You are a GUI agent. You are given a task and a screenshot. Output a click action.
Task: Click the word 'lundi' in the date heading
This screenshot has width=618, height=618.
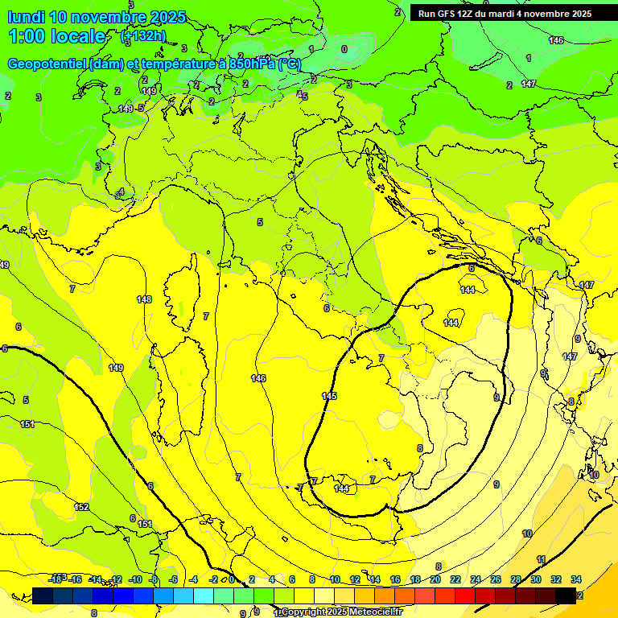26,17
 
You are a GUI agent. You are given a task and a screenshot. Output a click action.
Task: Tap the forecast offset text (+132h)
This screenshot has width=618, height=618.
143,35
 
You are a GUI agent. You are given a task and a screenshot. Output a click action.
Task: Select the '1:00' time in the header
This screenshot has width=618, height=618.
27,36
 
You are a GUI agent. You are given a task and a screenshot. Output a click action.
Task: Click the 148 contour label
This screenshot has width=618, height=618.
144,299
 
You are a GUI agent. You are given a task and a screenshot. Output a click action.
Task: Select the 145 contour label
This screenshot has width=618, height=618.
329,396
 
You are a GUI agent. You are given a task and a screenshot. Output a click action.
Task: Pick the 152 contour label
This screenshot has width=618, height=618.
81,507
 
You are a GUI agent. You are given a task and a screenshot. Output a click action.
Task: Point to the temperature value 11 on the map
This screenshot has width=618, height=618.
542,559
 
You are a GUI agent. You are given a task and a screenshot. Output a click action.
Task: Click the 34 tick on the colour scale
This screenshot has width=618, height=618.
576,579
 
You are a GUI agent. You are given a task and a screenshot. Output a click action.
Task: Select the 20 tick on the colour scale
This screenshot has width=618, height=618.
435,579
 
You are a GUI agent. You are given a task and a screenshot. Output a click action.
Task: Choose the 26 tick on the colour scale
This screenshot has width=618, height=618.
496,579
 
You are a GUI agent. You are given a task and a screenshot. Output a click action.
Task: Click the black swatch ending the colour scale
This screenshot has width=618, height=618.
566,595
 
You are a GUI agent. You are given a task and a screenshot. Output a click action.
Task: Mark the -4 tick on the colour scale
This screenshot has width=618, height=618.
193,579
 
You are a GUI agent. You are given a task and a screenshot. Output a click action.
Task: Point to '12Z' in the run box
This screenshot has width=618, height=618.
473,14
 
